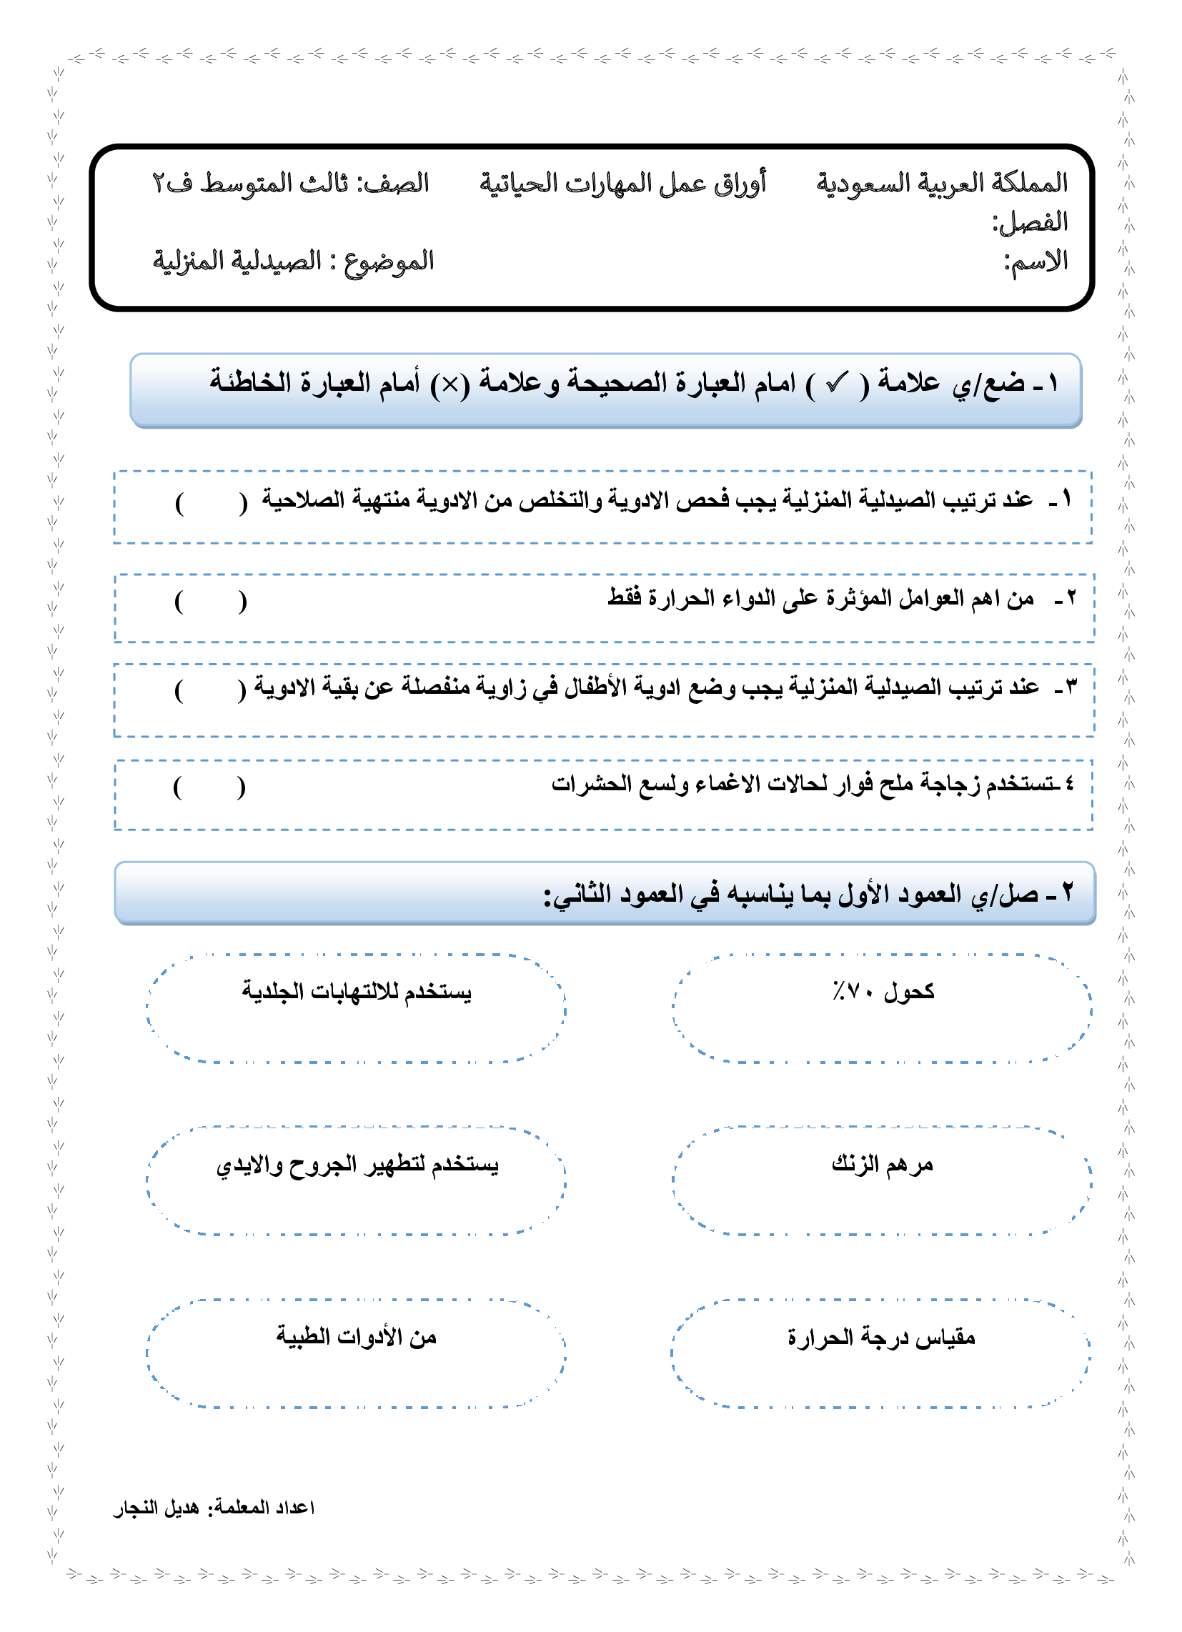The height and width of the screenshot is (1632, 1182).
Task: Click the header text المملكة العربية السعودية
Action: [941, 183]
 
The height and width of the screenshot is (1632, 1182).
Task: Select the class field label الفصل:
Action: [1029, 222]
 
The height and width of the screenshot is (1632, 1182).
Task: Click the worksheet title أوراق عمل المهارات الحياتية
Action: [622, 183]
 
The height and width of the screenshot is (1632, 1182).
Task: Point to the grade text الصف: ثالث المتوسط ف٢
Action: [290, 183]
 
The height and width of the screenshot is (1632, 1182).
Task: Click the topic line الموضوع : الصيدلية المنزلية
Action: [293, 261]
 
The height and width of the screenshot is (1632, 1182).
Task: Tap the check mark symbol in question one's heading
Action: [836, 384]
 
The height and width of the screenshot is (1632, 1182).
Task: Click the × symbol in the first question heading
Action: [450, 385]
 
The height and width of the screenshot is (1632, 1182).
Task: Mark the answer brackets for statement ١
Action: [211, 502]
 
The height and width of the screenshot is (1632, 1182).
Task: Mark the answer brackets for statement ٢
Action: [211, 601]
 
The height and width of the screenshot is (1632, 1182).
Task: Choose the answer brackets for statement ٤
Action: [209, 787]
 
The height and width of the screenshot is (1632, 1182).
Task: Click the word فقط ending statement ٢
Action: [624, 597]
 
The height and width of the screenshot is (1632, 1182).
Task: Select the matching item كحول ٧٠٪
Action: [883, 992]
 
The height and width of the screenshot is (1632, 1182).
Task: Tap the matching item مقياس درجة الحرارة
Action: [881, 1337]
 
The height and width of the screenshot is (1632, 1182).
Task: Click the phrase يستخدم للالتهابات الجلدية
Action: [357, 992]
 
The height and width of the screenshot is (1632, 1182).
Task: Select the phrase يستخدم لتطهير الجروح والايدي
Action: [357, 1164]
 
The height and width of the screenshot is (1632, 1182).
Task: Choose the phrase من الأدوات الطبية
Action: [357, 1337]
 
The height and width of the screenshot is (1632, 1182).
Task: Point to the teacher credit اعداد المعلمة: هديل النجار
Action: [214, 1507]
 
